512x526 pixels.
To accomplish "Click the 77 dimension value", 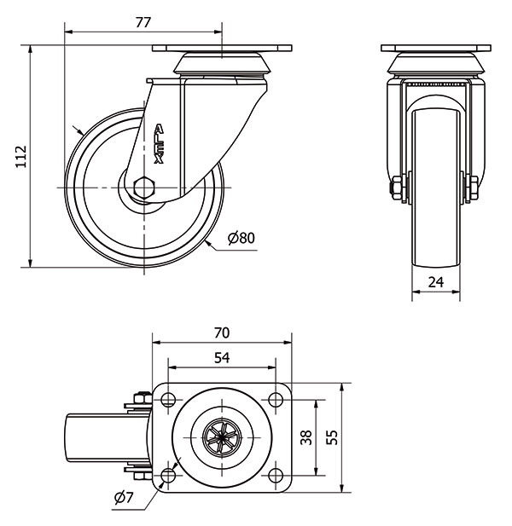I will (143, 23).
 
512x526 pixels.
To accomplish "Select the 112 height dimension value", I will (22, 158).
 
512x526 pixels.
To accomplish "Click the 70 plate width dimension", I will (222, 332).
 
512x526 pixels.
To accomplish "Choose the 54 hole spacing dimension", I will (221, 358).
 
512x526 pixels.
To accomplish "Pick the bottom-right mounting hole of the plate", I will (275, 475).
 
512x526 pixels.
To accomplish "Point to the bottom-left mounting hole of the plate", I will (168, 475).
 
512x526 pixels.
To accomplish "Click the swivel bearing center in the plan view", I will (221, 437).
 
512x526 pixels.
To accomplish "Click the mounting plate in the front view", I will (436, 48).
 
